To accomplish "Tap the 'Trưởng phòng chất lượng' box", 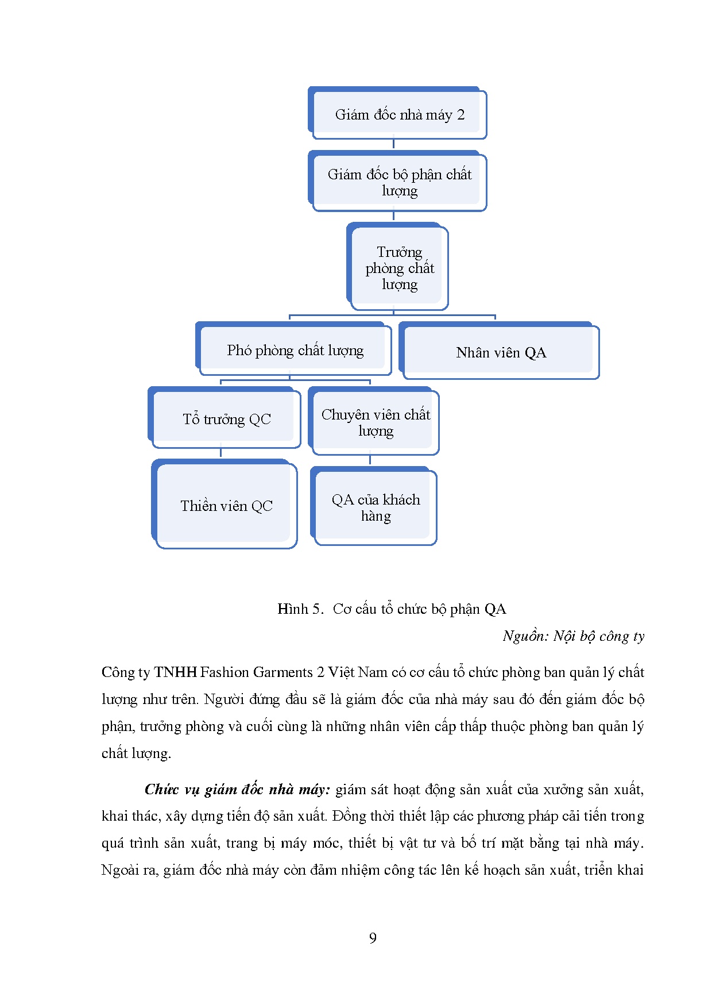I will click(398, 268).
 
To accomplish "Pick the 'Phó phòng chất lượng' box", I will click(295, 350).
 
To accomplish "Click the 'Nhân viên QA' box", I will click(500, 352).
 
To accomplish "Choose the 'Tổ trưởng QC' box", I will click(226, 419).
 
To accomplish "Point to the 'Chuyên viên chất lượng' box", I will click(375, 422).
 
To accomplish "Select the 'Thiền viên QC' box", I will click(226, 505).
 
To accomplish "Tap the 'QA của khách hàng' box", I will click(375, 507).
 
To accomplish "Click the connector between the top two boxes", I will click(393, 144).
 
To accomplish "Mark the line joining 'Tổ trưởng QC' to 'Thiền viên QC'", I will click(220, 453).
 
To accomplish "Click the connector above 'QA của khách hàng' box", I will click(370, 460).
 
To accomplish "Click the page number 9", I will click(373, 938).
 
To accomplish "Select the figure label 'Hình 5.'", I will click(300, 609).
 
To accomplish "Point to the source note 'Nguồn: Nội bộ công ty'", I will click(573, 636).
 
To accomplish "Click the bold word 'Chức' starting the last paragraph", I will click(161, 790).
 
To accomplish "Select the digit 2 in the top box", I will click(461, 114).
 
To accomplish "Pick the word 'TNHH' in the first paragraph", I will click(175, 672).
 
